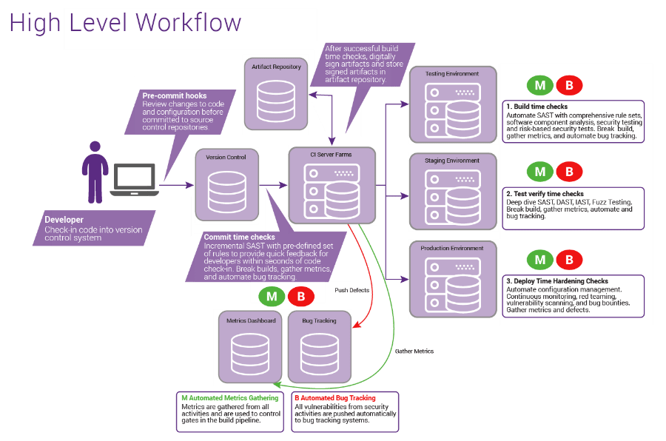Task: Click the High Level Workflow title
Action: [125, 23]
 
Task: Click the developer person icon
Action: [95, 172]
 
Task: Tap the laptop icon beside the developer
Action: [134, 180]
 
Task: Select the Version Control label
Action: [226, 157]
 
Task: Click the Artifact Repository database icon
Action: [276, 101]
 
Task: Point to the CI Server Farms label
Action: [331, 155]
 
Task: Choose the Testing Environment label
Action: [452, 73]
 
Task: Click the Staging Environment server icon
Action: [453, 197]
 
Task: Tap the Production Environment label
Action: [452, 248]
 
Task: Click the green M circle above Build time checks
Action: [540, 85]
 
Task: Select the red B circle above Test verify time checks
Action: [569, 172]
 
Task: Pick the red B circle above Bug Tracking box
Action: [301, 297]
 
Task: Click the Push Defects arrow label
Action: [351, 290]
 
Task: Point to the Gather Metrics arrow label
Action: [414, 351]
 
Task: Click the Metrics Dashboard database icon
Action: [250, 354]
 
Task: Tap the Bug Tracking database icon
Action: [320, 354]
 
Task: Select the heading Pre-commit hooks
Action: [175, 95]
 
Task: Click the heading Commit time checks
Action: [239, 237]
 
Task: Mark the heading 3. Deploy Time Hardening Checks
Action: [556, 281]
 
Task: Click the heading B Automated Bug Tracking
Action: [335, 398]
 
